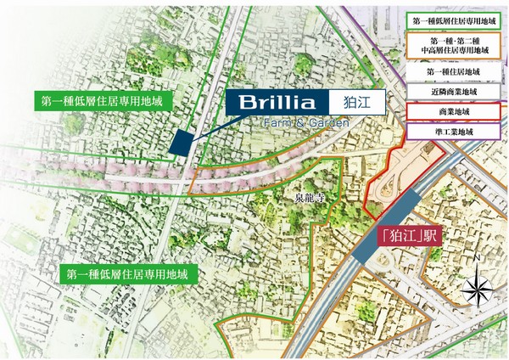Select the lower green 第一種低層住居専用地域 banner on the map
click(131, 274)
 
